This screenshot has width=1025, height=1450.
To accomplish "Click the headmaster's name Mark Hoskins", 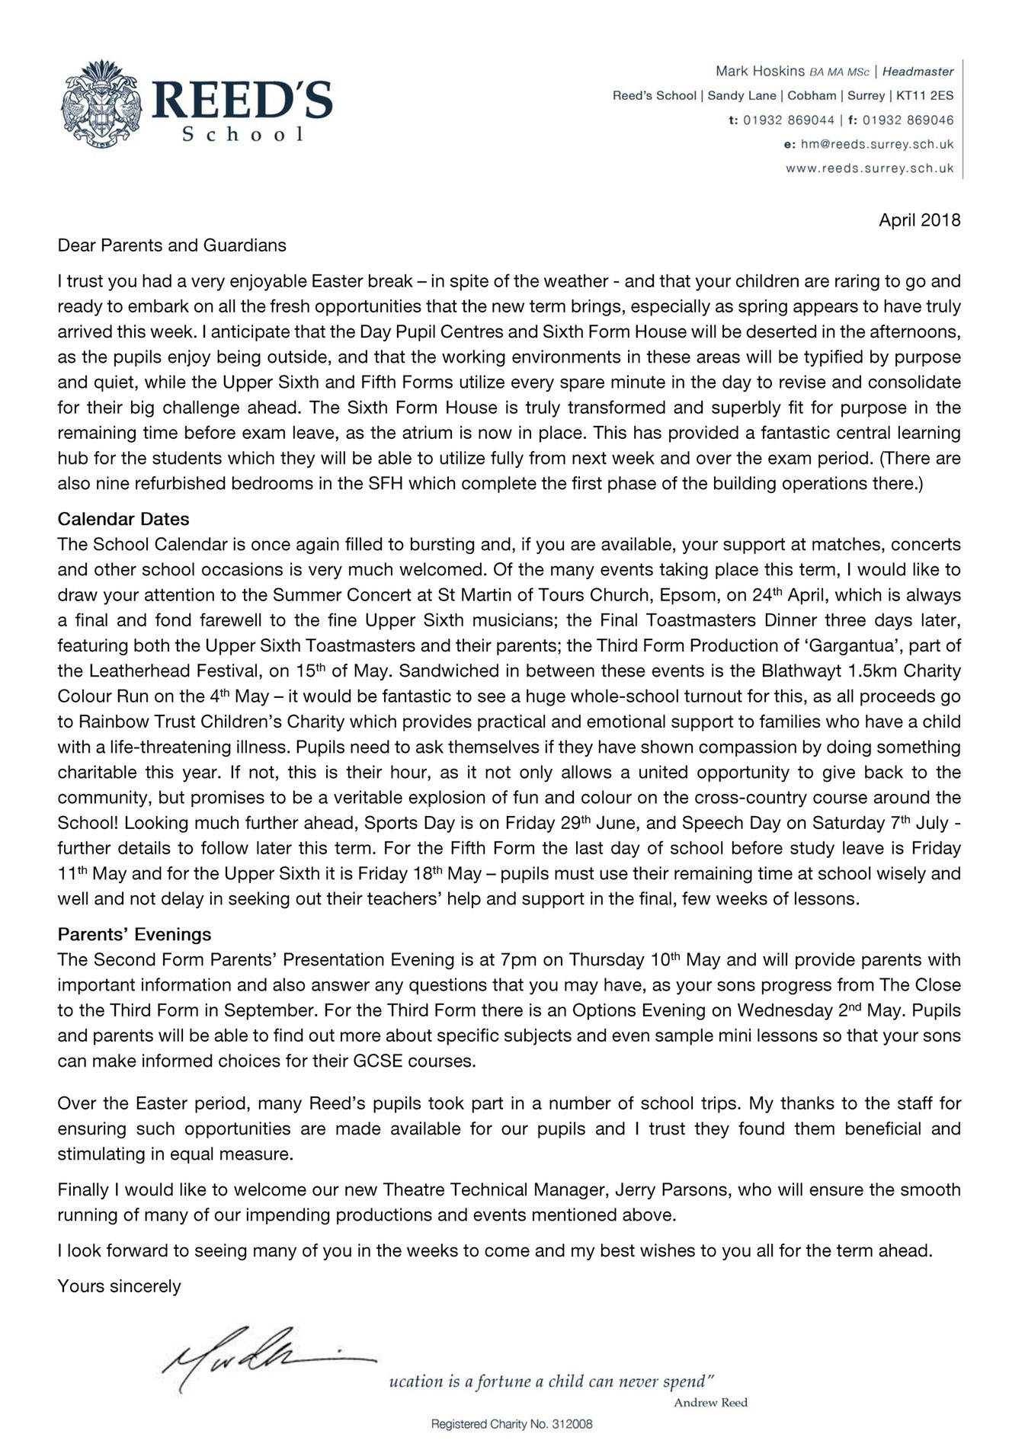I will (x=760, y=71).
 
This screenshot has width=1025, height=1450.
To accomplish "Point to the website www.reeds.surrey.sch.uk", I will (x=870, y=168).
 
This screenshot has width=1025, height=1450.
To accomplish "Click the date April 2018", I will (x=919, y=220).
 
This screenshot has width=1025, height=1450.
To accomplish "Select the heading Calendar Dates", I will (x=123, y=519).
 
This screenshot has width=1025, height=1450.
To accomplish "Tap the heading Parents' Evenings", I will (x=134, y=934).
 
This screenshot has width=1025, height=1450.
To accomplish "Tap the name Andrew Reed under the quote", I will (x=710, y=1403).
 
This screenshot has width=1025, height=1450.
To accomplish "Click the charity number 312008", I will (x=571, y=1423).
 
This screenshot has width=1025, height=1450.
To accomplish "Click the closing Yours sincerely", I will (x=119, y=1286).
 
